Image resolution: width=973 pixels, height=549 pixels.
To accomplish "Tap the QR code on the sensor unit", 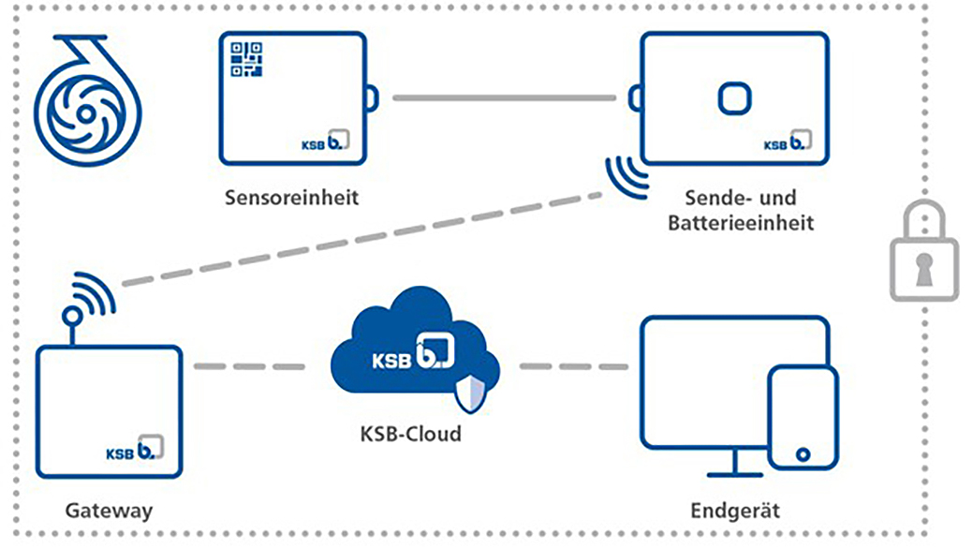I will coord(246,58).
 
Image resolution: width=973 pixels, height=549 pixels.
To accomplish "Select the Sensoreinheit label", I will coord(291,198).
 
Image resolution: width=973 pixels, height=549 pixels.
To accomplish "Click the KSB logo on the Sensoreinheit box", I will coord(324,140).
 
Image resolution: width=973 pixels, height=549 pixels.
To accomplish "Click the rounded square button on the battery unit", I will coord(733,97).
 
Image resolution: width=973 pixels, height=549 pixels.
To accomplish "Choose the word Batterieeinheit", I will coord(748,223).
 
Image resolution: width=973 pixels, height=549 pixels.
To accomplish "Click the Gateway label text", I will coord(109,512).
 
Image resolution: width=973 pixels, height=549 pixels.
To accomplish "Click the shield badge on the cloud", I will coord(470,395).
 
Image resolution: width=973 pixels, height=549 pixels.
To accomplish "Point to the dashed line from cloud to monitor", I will coord(572,366).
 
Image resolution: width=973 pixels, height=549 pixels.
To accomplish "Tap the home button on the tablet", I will coord(802,454).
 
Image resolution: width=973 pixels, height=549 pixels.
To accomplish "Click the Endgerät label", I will coord(734,512).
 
